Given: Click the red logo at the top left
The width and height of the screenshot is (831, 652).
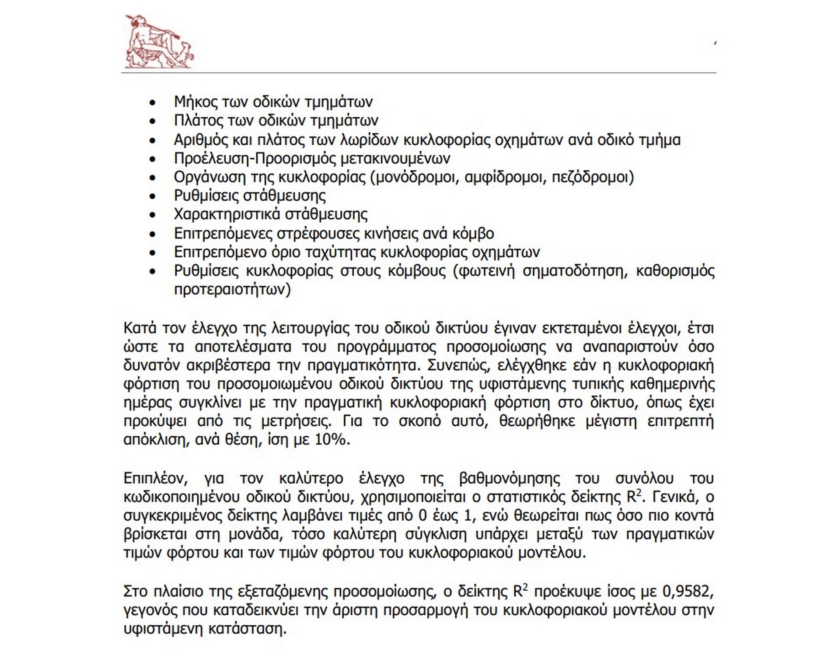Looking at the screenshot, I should tap(159, 42).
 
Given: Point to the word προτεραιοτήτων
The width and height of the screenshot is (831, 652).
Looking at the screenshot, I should tap(232, 290).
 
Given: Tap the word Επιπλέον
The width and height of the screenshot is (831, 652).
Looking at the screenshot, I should tap(155, 478).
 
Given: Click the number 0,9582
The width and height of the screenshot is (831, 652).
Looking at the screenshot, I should tap(688, 592).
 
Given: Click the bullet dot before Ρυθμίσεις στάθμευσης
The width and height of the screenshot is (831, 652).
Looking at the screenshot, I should tap(152, 196).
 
